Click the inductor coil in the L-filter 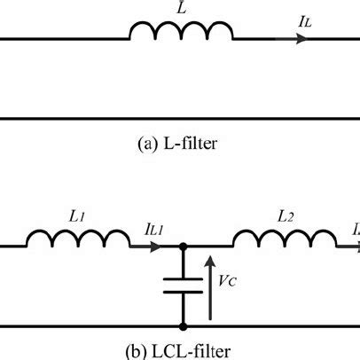tap(182, 33)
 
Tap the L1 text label tap(75, 215)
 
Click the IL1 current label tap(156, 229)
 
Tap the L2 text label tap(284, 215)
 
